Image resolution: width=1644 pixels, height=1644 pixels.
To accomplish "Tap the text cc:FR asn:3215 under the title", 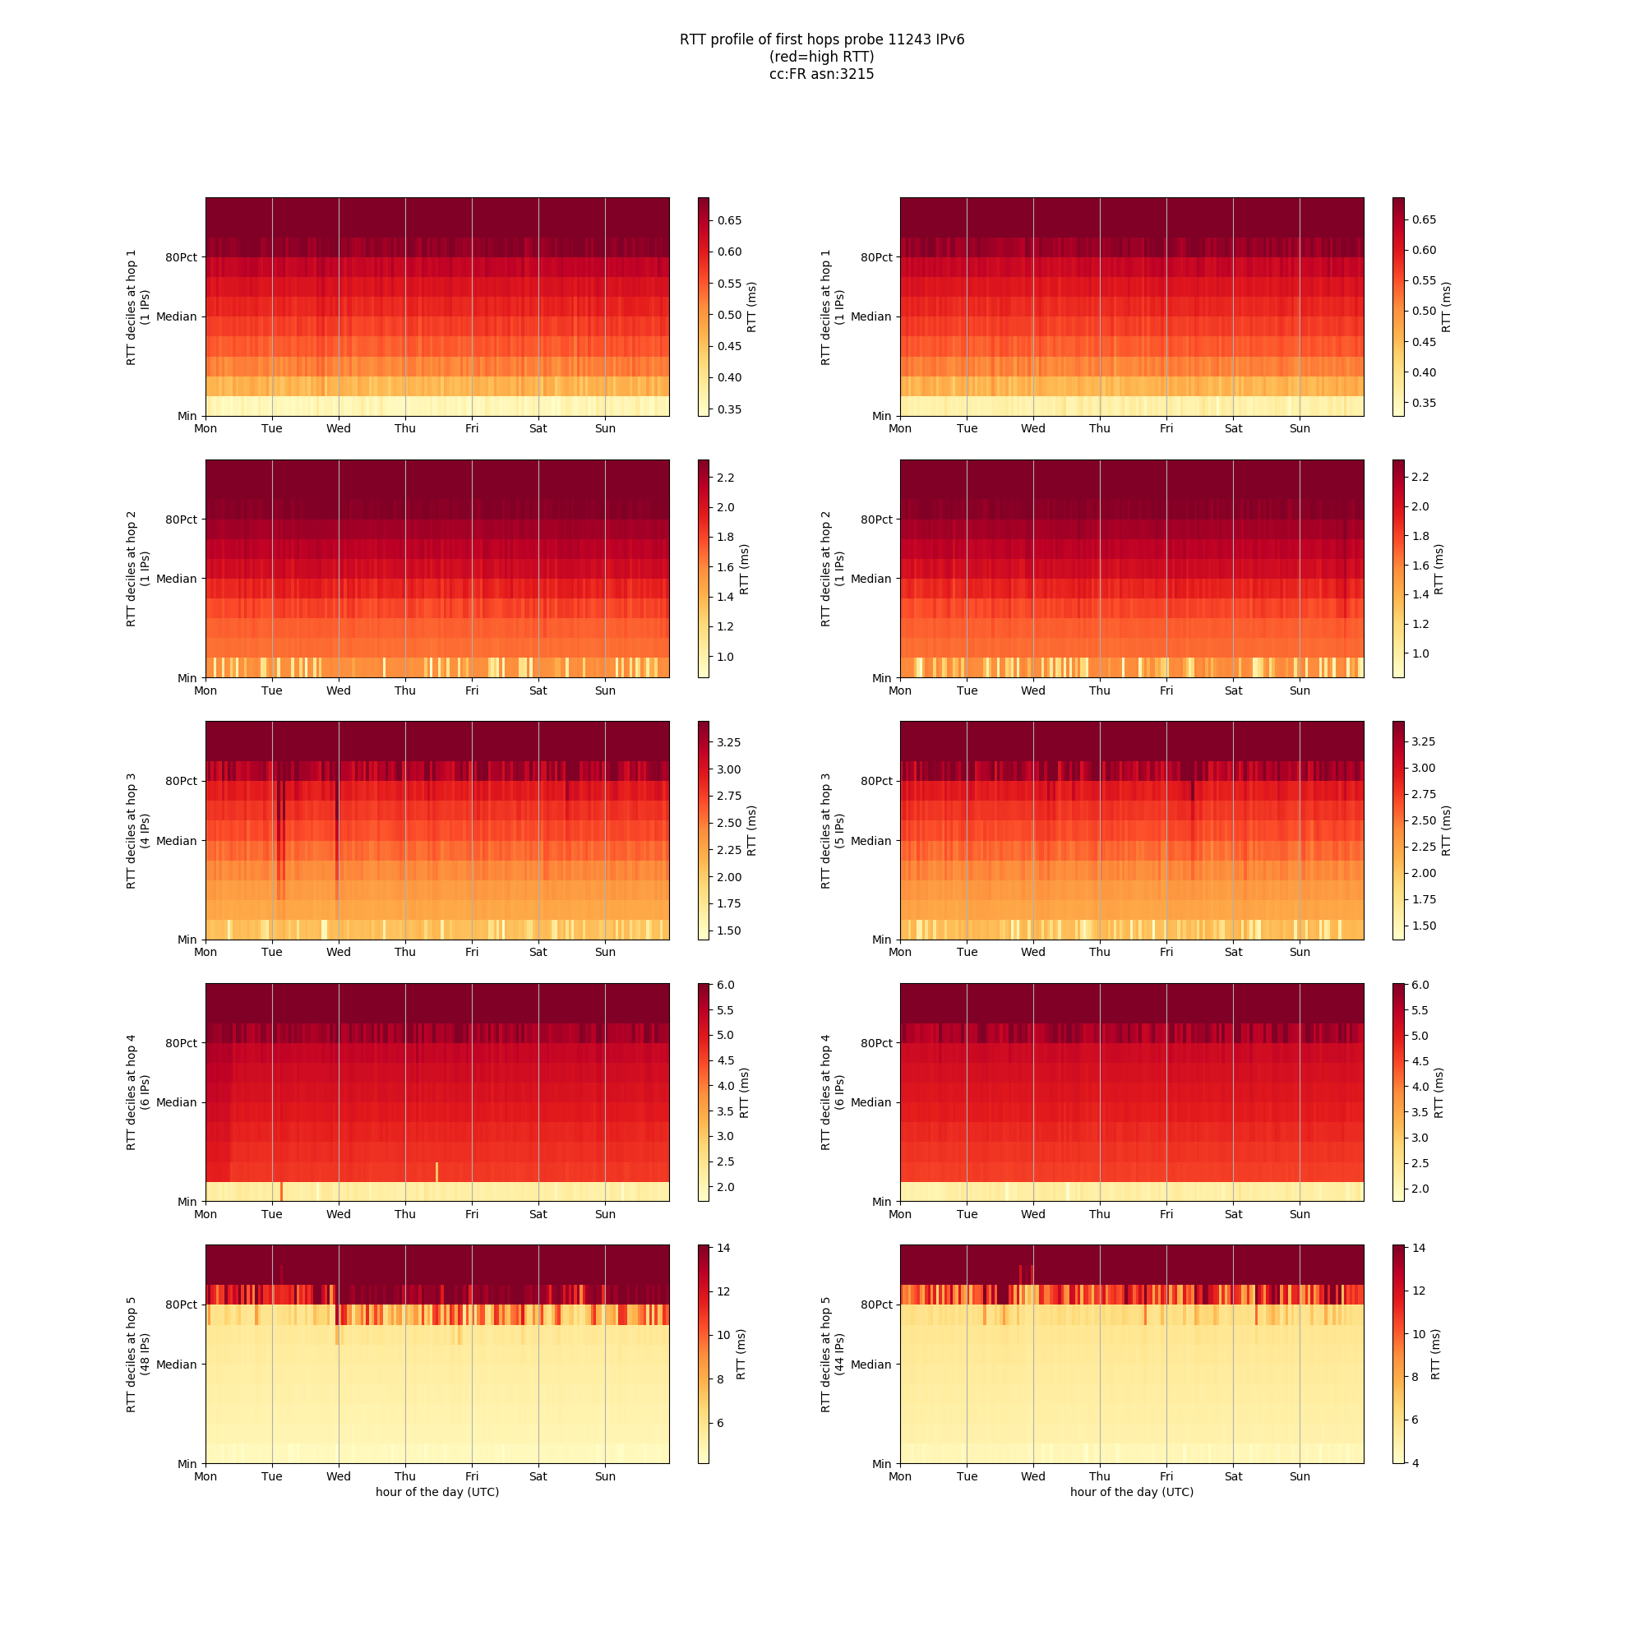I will [821, 74].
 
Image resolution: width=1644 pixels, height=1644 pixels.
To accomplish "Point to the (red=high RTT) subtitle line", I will [821, 57].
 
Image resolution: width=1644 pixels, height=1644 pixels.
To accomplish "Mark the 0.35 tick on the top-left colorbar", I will [728, 409].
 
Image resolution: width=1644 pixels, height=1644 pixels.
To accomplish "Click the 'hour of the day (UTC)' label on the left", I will [437, 1492].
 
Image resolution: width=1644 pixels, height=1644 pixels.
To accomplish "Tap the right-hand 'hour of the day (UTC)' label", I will [1132, 1492].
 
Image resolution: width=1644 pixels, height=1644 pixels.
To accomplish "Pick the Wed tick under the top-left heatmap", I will [339, 429].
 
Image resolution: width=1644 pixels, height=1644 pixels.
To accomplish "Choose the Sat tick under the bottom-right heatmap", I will [1233, 1476].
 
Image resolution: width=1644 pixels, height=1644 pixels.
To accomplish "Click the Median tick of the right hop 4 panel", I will [870, 1103].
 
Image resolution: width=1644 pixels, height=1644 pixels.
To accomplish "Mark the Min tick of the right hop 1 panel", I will [881, 416].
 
